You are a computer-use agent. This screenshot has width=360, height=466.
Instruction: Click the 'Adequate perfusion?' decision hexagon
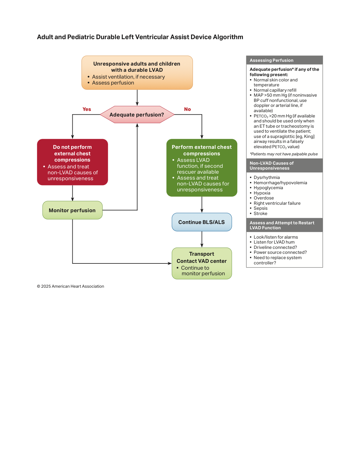(x=137, y=115)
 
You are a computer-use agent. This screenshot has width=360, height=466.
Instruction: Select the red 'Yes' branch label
(x=87, y=109)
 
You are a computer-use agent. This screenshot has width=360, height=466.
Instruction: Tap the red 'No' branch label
(x=187, y=109)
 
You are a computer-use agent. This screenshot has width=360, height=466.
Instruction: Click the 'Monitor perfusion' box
(x=72, y=210)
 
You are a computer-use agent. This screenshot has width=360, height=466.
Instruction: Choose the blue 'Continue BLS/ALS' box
(x=202, y=222)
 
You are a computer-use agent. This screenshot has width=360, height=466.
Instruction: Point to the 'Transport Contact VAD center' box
(x=202, y=263)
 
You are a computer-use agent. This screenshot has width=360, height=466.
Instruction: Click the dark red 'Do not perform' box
(x=72, y=162)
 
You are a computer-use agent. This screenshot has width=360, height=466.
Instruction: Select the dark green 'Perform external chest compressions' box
(x=202, y=168)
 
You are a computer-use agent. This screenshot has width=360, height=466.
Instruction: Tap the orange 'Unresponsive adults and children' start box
(x=137, y=73)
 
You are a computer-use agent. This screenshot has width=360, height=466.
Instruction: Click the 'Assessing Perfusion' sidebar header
(x=284, y=60)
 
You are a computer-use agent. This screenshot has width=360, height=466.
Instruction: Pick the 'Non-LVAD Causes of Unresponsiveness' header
(x=284, y=166)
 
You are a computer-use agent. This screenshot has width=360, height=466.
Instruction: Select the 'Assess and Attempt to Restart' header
(x=284, y=225)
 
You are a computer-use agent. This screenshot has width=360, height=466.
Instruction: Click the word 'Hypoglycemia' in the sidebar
(x=268, y=188)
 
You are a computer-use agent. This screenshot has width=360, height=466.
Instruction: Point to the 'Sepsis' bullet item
(x=261, y=208)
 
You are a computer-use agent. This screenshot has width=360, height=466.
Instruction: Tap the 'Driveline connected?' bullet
(x=275, y=247)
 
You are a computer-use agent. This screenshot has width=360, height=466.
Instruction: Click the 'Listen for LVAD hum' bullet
(x=274, y=242)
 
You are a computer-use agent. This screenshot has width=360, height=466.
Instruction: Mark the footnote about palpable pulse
(x=284, y=154)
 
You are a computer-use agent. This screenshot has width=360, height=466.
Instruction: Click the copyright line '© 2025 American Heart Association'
(x=71, y=286)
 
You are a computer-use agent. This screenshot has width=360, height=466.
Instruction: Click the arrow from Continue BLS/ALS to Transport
(x=202, y=239)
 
